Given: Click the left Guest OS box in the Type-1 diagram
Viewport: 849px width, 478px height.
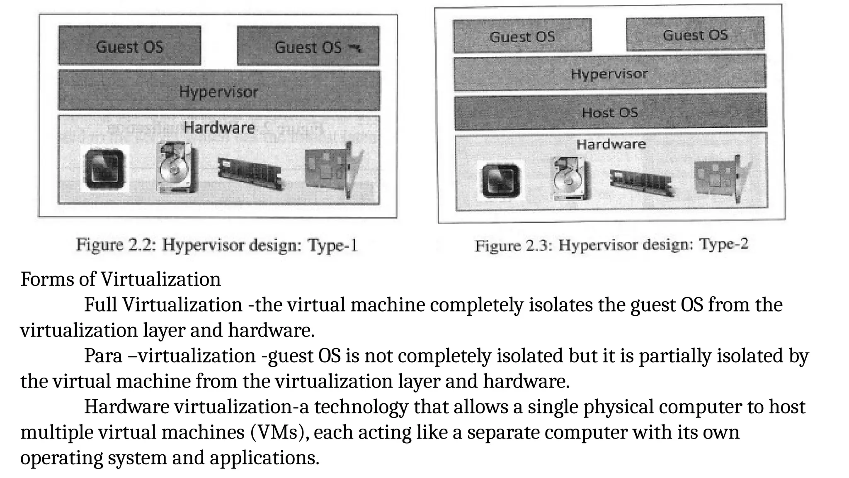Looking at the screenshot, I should (x=129, y=46).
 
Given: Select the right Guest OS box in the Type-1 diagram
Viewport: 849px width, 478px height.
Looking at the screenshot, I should (x=308, y=46).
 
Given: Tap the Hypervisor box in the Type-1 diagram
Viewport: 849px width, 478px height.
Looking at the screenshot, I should (x=219, y=90).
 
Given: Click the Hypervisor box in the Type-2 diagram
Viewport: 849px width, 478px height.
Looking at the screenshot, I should (x=609, y=73).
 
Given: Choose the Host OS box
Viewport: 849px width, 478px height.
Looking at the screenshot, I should (x=610, y=112).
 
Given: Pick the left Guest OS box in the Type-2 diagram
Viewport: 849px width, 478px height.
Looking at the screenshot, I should (x=522, y=36).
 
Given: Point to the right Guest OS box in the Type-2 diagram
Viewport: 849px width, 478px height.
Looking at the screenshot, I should (x=695, y=34).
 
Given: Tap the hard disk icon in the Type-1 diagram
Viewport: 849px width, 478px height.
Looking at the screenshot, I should (x=176, y=167).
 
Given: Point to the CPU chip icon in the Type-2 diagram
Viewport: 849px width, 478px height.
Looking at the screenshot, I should (x=500, y=181).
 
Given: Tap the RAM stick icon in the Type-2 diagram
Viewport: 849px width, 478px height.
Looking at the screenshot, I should (x=640, y=180).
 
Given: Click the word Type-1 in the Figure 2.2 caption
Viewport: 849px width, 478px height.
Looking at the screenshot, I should (x=332, y=245).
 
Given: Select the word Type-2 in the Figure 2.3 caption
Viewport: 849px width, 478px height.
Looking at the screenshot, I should (x=724, y=244).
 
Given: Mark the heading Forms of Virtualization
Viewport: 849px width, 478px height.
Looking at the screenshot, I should (x=121, y=279).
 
